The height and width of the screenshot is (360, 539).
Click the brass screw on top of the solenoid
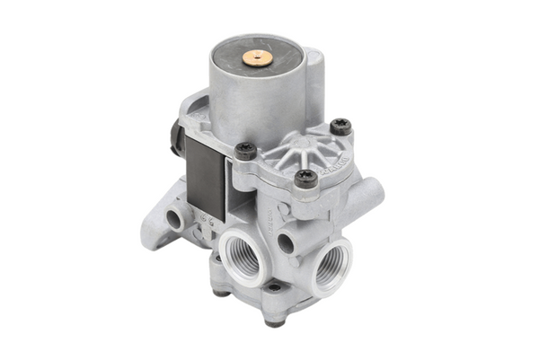[257, 58]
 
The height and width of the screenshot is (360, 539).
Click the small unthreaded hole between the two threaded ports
[286, 242]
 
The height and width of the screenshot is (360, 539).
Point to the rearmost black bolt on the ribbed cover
[340, 127]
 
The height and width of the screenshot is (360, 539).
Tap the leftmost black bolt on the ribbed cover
[244, 151]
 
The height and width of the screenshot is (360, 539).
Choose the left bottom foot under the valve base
[218, 289]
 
